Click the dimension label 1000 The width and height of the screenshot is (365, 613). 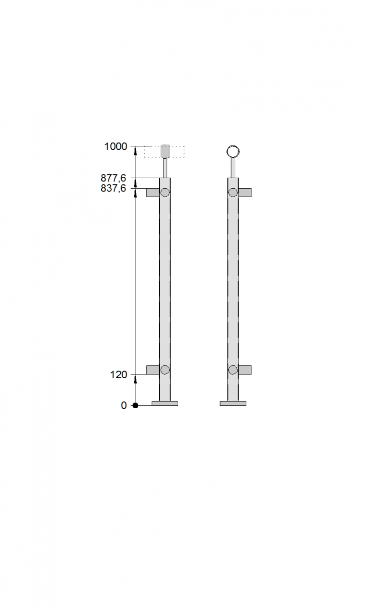point(116,147)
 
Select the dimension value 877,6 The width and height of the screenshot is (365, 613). point(114,178)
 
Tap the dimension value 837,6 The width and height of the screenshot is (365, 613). point(114,188)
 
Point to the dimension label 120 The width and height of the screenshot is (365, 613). point(118,374)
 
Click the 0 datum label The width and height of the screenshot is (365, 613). point(124,405)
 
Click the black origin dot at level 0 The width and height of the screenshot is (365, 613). point(135,405)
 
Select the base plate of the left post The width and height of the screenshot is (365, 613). point(165,403)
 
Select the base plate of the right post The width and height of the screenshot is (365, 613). point(233,403)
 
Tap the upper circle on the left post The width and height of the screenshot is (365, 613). point(165,192)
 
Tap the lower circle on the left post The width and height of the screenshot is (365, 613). point(165,370)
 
